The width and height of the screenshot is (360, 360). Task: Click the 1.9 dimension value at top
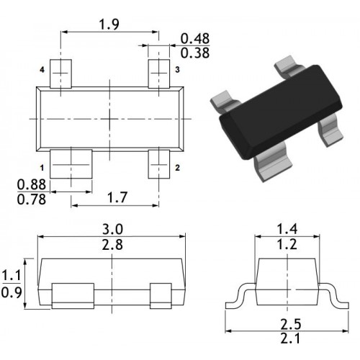coord(109,24)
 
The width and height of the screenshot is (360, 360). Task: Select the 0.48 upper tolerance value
coord(195,39)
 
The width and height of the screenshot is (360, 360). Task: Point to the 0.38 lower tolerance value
coord(195,53)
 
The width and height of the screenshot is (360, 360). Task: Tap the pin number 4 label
coord(42,70)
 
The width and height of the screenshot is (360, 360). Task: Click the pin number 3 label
coord(177,70)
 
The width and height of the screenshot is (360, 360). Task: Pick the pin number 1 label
coord(42,168)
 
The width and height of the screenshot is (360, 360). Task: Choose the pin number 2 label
coord(177,168)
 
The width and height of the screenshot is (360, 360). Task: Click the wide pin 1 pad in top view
coord(71,164)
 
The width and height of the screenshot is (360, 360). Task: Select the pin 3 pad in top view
coord(159,73)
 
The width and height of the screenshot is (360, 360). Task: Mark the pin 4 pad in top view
coord(60,73)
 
